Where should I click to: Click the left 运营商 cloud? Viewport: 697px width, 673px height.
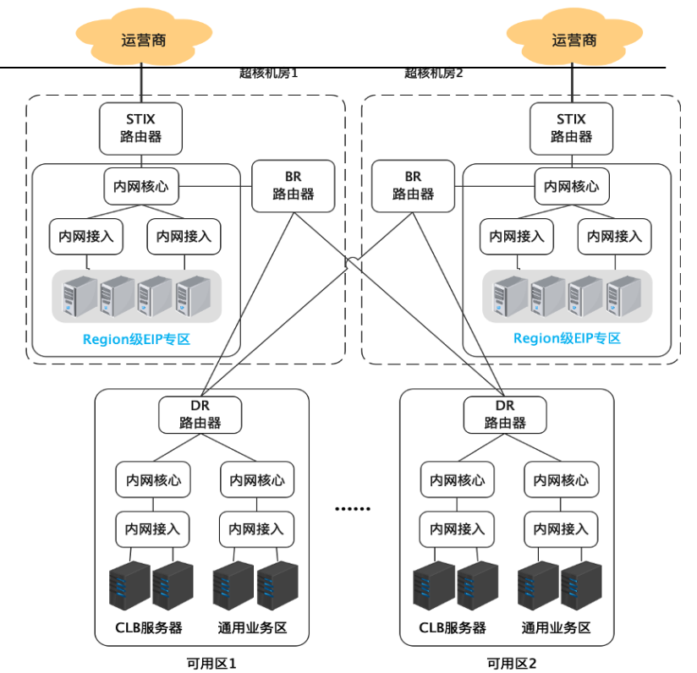(144, 37)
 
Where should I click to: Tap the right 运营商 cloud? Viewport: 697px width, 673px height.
(574, 37)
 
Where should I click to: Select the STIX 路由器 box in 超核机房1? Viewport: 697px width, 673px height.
(141, 129)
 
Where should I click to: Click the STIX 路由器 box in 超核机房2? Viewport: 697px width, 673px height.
(571, 129)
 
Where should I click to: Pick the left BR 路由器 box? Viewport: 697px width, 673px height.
(294, 186)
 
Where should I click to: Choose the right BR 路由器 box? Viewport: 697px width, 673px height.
(413, 186)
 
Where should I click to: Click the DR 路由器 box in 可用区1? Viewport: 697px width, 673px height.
(200, 414)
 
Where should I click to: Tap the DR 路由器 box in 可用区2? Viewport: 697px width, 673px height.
(505, 414)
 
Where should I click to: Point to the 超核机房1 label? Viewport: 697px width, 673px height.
(268, 74)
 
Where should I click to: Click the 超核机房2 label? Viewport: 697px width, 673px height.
(433, 74)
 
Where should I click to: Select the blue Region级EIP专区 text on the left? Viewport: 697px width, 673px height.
(136, 339)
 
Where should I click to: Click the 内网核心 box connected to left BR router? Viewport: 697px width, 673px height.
(141, 186)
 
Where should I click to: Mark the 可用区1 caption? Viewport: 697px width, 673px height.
(211, 663)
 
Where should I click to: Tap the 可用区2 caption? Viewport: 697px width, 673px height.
(512, 663)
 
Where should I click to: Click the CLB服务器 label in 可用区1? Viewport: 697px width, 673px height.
(149, 627)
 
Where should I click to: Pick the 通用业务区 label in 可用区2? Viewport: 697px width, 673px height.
(556, 627)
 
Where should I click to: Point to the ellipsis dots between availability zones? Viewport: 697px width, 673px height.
(353, 509)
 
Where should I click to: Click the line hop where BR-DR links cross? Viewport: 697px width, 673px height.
(354, 260)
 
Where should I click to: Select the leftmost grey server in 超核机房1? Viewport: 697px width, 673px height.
(80, 296)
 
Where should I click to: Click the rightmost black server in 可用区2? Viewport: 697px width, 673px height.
(581, 585)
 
